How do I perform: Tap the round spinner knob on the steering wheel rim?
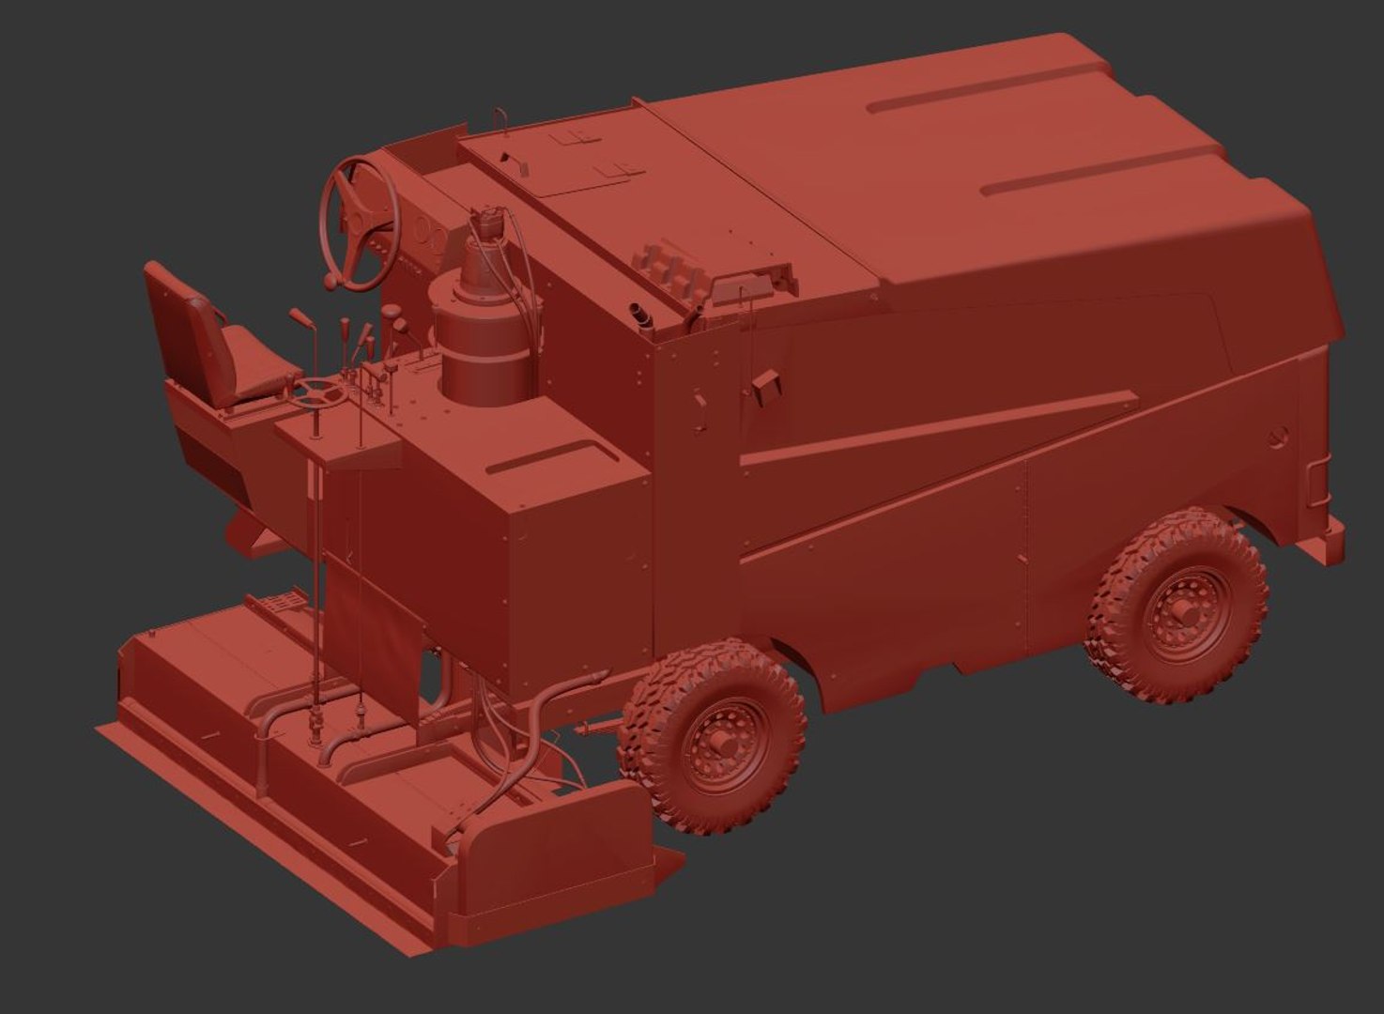331,280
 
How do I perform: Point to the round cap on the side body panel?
1275,436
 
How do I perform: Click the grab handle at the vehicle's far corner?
1317,483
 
